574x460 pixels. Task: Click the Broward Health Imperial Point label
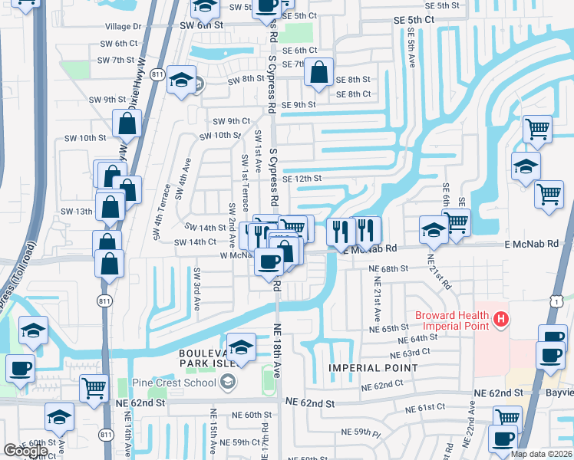(x=453, y=322)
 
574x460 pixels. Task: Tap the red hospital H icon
(x=501, y=318)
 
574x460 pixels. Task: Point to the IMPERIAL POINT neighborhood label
(x=373, y=368)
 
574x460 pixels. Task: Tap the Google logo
(x=25, y=451)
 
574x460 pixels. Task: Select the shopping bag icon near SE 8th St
(x=318, y=74)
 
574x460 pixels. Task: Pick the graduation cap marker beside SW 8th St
(x=181, y=81)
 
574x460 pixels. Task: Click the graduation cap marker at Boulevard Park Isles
(x=241, y=347)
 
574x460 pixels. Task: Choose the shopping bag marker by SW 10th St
(x=127, y=123)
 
